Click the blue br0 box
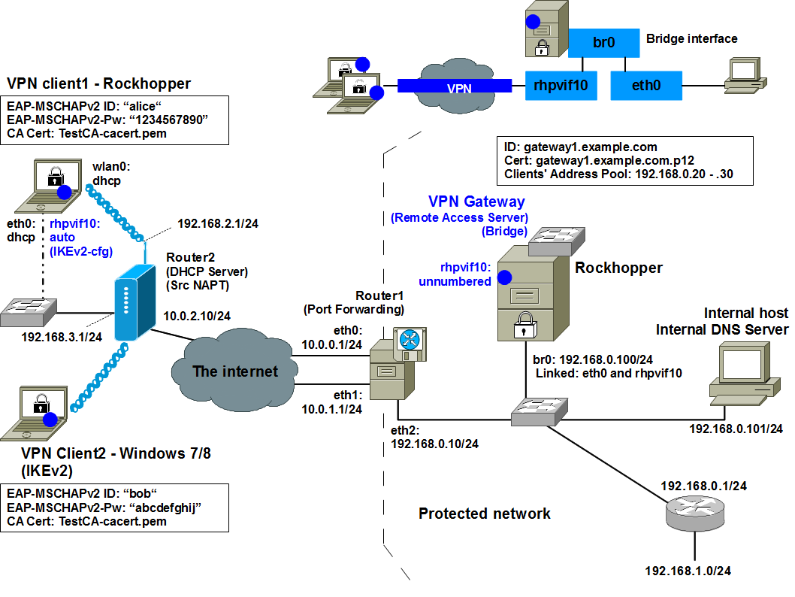pyautogui.click(x=603, y=43)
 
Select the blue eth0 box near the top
pyautogui.click(x=645, y=86)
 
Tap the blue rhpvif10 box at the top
pyautogui.click(x=560, y=86)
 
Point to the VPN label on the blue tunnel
pyautogui.click(x=459, y=88)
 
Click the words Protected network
pyautogui.click(x=484, y=514)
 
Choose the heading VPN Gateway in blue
pyautogui.click(x=476, y=202)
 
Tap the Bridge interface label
pyautogui.click(x=691, y=38)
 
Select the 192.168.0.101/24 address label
pyautogui.click(x=736, y=429)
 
